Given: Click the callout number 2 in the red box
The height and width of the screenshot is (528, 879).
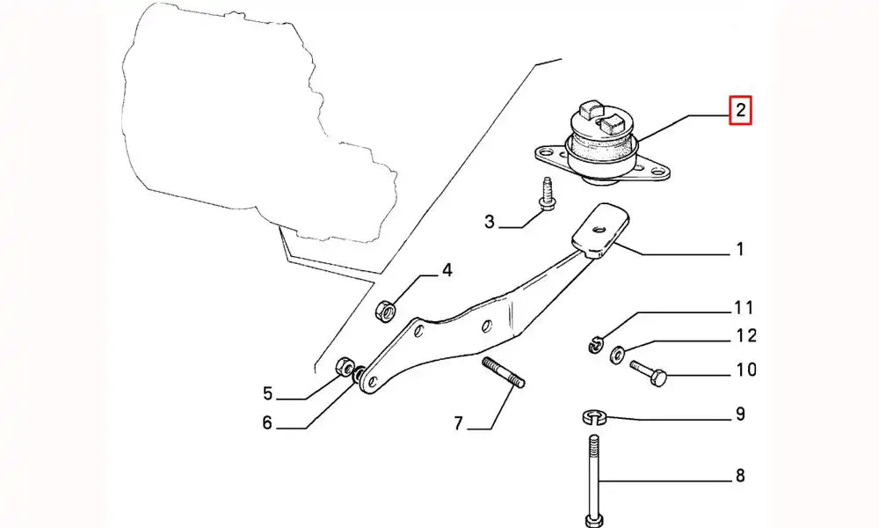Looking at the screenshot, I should tap(740, 111).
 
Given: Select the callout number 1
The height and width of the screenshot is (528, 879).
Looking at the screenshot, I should tap(739, 250).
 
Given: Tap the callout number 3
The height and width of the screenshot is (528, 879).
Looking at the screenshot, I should tap(490, 222).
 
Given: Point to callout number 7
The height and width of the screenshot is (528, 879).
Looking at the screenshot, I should tap(458, 423).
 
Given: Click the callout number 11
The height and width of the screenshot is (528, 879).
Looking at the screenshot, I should tap(745, 308).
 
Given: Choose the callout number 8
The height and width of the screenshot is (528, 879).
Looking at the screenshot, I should tap(739, 476).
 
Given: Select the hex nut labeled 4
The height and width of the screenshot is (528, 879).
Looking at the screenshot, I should tap(385, 309).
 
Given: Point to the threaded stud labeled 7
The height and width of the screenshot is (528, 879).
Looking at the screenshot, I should tap(503, 371).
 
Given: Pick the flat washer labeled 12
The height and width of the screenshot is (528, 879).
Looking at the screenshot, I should tap(617, 355).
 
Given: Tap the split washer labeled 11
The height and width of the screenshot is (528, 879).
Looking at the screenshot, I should tap(595, 342).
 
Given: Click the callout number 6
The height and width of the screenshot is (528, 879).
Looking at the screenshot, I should tap(267, 423).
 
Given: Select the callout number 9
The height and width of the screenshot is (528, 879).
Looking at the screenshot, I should tap(739, 413).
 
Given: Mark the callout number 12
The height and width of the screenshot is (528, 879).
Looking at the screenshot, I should tap(745, 335).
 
